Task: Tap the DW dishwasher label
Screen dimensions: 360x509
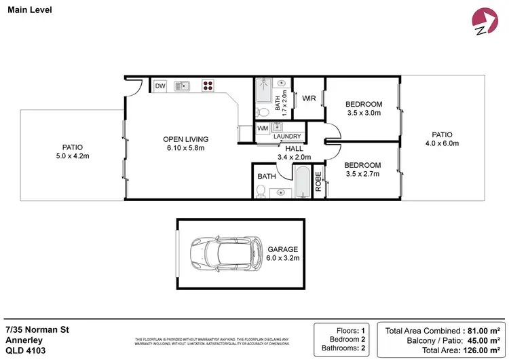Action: pyautogui.click(x=160, y=86)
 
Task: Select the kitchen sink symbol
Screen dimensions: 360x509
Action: pyautogui.click(x=181, y=86)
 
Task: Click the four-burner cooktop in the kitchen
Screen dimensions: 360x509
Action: pyautogui.click(x=208, y=86)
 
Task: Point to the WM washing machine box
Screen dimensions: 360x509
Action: pyautogui.click(x=263, y=128)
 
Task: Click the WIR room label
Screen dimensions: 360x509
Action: pyautogui.click(x=309, y=98)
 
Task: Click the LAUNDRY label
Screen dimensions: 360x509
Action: pyautogui.click(x=287, y=137)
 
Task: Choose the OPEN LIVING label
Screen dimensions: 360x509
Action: pyautogui.click(x=187, y=139)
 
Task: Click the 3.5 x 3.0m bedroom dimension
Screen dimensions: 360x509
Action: pyautogui.click(x=364, y=113)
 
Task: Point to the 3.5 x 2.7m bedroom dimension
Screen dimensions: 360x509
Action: pyautogui.click(x=362, y=175)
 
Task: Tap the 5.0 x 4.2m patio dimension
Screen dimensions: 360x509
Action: pyautogui.click(x=72, y=156)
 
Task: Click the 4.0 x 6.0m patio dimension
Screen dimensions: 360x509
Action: pyautogui.click(x=442, y=143)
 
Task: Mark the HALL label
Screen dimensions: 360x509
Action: pyautogui.click(x=294, y=148)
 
